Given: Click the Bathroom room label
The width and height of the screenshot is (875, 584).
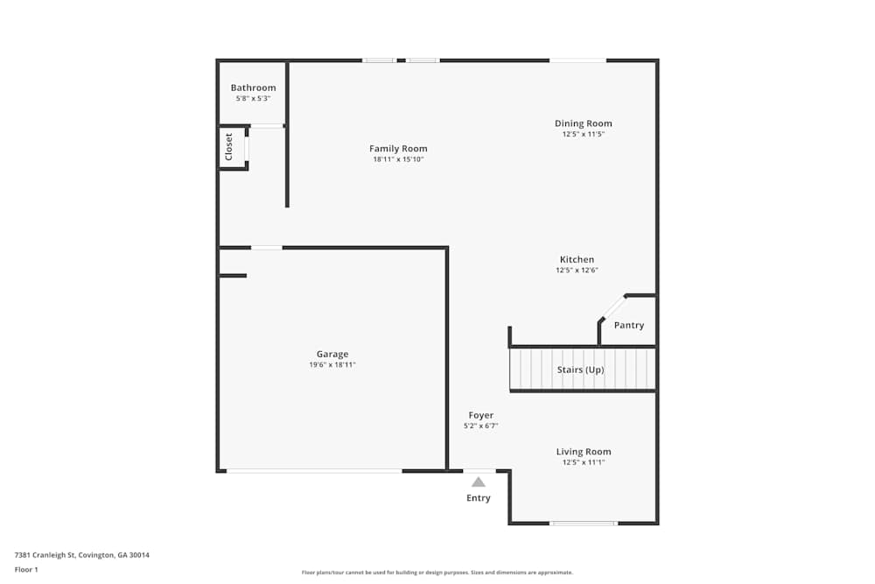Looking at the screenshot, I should click(253, 88).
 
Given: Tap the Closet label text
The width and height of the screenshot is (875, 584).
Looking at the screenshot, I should click(229, 146).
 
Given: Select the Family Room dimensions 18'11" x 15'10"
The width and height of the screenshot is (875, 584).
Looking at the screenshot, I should click(398, 159).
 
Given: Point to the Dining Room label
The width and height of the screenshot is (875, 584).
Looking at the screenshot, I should click(584, 123).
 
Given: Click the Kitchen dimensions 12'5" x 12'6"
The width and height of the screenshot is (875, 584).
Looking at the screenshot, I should click(577, 271).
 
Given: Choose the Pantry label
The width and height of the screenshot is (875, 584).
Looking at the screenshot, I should click(628, 326).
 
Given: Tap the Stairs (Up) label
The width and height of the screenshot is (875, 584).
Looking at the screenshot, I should click(581, 369).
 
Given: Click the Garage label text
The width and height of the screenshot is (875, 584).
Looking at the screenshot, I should click(332, 355).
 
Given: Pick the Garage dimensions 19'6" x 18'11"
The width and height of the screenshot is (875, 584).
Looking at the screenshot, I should click(332, 365).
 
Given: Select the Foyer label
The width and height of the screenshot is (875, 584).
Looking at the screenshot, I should click(481, 415).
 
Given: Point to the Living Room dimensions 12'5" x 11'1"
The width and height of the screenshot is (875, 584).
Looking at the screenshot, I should click(584, 462).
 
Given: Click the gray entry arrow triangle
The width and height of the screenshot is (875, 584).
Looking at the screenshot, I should click(478, 482).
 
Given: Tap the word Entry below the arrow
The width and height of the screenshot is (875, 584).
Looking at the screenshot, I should click(478, 498).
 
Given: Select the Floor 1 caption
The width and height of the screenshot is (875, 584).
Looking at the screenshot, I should click(26, 569).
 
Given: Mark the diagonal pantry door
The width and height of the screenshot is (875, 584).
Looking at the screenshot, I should click(612, 308).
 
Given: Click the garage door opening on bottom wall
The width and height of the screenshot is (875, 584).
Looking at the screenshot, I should click(314, 471).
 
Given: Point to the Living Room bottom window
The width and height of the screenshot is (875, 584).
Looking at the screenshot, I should click(583, 524).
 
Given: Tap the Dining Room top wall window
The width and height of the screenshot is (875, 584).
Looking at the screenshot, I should click(577, 60).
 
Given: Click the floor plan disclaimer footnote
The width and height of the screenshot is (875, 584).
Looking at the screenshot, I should click(437, 573).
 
